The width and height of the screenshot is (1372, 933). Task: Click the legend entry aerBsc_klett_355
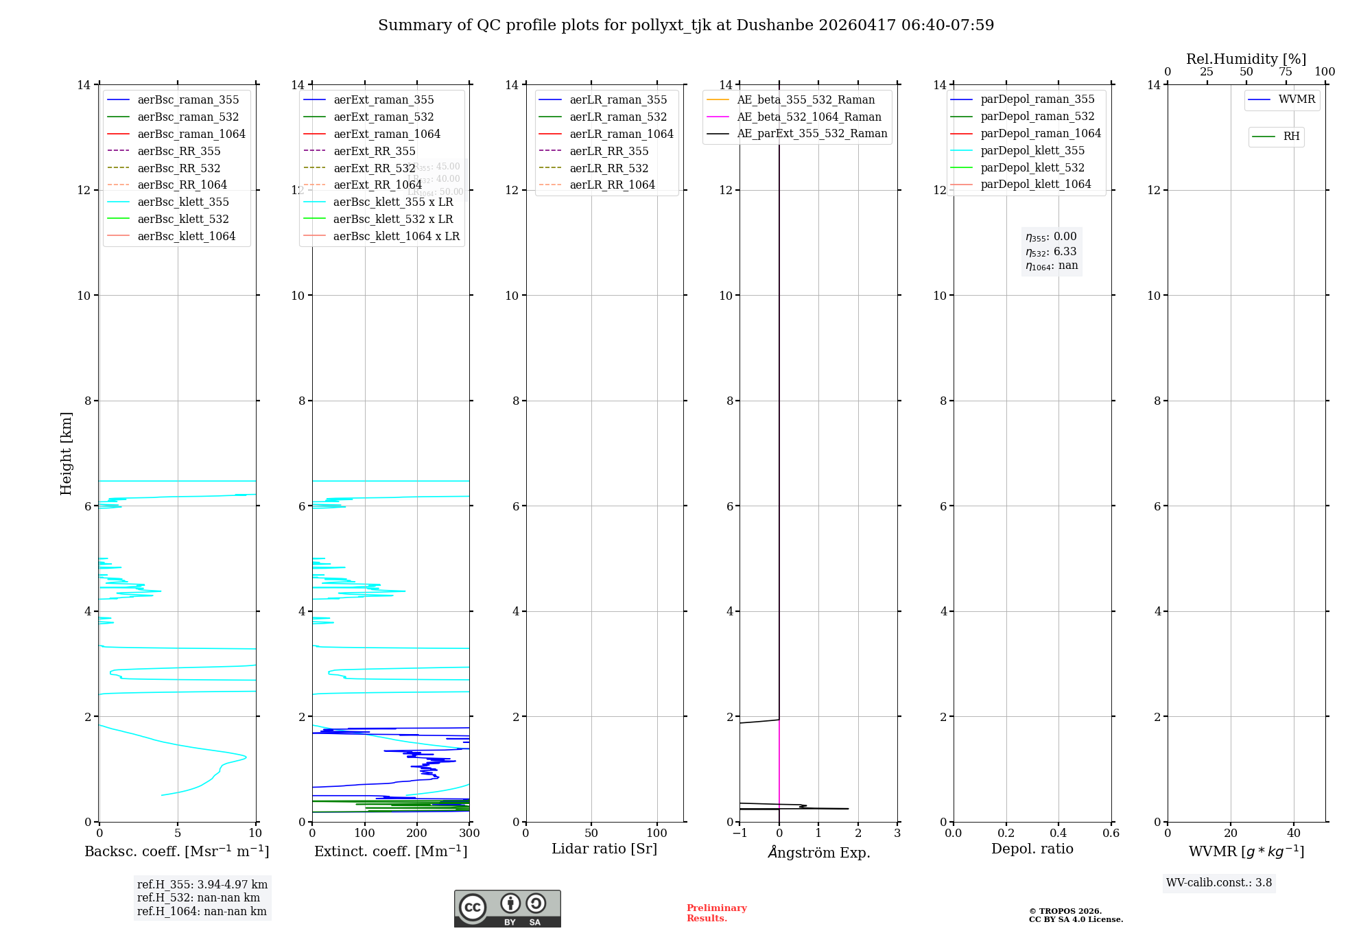(183, 202)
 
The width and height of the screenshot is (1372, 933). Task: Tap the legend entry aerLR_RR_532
(608, 168)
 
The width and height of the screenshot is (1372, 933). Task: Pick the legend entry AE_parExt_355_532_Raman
(812, 133)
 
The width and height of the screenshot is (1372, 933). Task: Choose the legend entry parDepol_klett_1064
(1035, 184)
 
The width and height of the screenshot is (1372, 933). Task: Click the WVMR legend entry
(1296, 99)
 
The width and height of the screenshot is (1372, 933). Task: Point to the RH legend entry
(1290, 137)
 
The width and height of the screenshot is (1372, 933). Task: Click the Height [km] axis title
(66, 453)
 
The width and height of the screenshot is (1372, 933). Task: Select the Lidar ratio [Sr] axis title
(604, 849)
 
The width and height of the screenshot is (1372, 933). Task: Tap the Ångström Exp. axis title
(818, 852)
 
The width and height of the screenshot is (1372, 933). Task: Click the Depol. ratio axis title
(1032, 849)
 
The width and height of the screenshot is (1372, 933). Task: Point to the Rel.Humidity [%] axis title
(1246, 59)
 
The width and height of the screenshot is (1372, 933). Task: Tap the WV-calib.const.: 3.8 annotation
(1219, 883)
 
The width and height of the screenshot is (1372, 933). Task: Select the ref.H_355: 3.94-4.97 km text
(202, 885)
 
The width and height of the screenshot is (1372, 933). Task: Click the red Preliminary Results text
(716, 913)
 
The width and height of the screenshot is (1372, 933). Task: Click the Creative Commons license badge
(507, 908)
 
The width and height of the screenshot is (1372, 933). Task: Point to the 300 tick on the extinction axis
(469, 834)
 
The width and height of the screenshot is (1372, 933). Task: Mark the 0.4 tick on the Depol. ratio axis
(1058, 834)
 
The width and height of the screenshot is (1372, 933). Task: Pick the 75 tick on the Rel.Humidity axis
(1286, 72)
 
